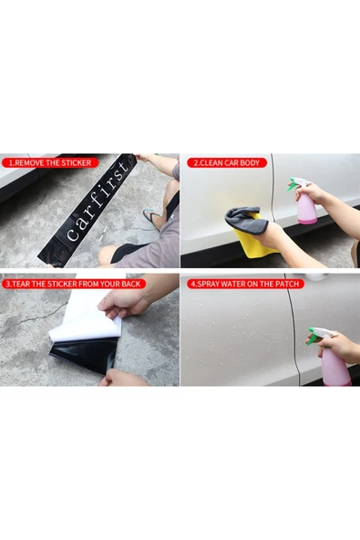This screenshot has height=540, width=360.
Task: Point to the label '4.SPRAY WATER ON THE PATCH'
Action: pyautogui.click(x=243, y=284)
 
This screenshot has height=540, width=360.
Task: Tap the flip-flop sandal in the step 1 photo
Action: pyautogui.click(x=152, y=217)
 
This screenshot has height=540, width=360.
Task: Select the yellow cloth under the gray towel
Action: pyautogui.click(x=252, y=242)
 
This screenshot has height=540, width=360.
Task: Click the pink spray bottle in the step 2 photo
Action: pyautogui.click(x=307, y=210)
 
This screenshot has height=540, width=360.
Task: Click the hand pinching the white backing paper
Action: pyautogui.click(x=118, y=301)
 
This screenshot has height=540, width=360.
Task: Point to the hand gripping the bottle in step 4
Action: pyautogui.click(x=341, y=346)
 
